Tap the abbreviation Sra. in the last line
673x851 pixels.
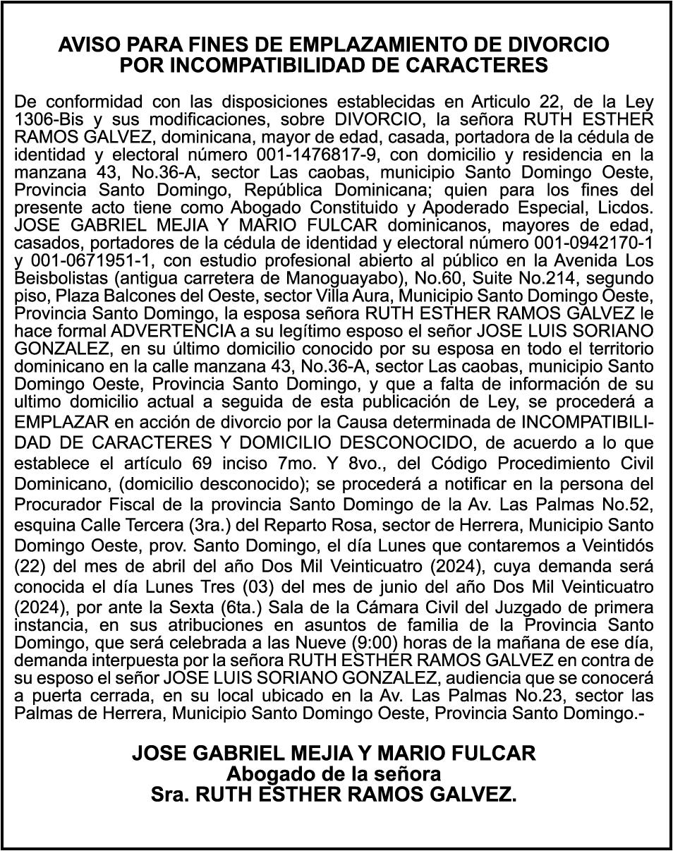click(x=170, y=795)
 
